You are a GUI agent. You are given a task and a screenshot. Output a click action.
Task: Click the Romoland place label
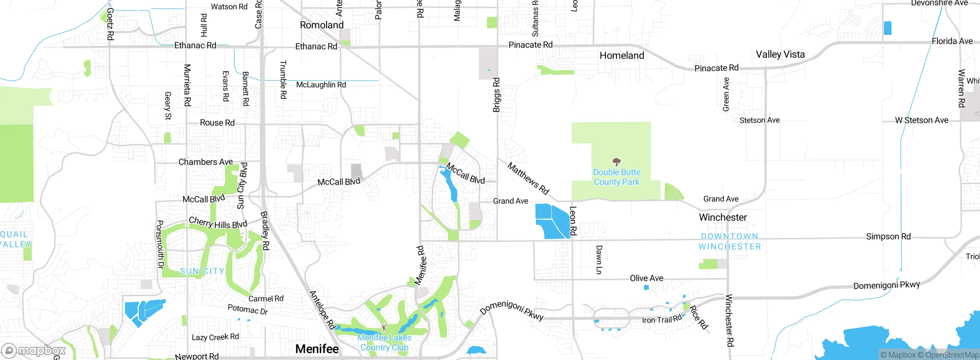(x=322, y=25)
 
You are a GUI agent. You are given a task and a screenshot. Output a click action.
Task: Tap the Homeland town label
(x=622, y=56)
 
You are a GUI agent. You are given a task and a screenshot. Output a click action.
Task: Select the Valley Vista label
(x=780, y=54)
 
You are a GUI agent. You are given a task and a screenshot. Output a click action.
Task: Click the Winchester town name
(x=723, y=218)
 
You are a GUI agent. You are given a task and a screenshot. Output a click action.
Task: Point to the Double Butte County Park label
(x=616, y=177)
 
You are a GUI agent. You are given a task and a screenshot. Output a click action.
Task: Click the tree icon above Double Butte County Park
(x=616, y=161)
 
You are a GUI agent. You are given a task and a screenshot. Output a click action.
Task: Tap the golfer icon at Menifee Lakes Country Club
(x=384, y=328)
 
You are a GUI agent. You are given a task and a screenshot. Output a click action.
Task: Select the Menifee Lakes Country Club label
(x=384, y=343)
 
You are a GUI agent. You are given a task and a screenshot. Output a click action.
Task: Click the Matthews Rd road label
(x=528, y=178)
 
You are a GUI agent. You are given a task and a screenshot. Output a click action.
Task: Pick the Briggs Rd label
(x=497, y=95)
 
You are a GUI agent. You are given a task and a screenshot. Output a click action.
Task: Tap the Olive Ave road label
(x=647, y=278)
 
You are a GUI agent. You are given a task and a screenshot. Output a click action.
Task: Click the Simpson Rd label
(x=888, y=237)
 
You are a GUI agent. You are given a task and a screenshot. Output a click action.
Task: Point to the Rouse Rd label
(x=217, y=123)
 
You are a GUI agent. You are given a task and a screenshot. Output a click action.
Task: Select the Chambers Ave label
(x=206, y=162)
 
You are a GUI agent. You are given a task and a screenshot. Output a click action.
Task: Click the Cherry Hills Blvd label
(x=218, y=223)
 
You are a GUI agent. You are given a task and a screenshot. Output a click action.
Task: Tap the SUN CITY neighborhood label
(x=202, y=271)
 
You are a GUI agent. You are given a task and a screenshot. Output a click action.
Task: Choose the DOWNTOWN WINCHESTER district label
(x=730, y=242)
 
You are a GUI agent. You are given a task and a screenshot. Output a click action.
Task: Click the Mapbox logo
(x=34, y=350)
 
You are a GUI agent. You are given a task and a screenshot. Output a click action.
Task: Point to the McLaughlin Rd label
(x=321, y=85)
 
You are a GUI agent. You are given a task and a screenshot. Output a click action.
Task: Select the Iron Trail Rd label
(x=661, y=319)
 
